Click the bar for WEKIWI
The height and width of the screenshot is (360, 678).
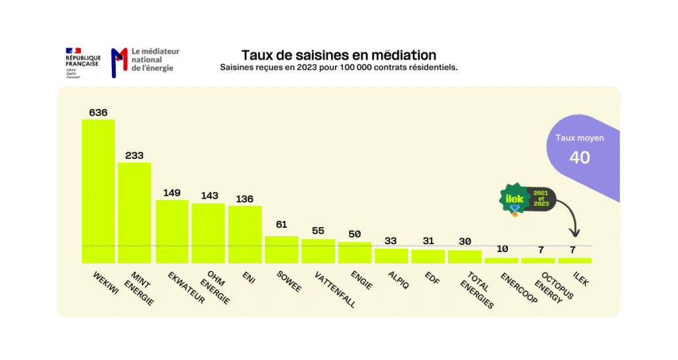click(x=98, y=191)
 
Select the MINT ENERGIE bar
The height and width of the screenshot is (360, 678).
click(x=134, y=212)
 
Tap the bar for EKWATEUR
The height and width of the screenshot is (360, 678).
click(x=171, y=231)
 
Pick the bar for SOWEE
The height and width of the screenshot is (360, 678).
click(x=281, y=249)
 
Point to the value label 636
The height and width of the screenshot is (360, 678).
click(x=98, y=112)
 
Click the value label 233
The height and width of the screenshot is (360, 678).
click(x=134, y=156)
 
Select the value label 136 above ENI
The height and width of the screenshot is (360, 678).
click(x=244, y=199)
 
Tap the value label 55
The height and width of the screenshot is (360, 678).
click(x=318, y=231)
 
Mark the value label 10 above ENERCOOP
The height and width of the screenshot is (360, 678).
click(x=501, y=249)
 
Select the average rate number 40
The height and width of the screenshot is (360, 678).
click(x=579, y=157)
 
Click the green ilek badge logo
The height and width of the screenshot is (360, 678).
click(x=514, y=198)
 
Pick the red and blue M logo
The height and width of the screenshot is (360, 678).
click(x=119, y=62)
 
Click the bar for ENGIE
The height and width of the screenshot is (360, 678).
click(x=355, y=252)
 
